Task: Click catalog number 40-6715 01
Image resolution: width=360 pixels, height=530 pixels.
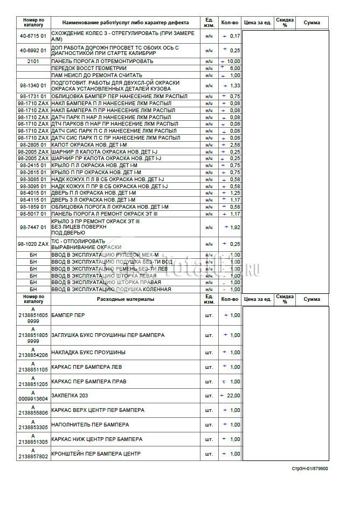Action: pos(33,36)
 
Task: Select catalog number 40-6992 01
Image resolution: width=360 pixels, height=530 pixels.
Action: pos(33,51)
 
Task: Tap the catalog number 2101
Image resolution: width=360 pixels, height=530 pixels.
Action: pos(33,61)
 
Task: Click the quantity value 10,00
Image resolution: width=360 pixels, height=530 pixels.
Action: pos(233,61)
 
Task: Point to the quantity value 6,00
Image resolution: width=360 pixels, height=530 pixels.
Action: pos(234,68)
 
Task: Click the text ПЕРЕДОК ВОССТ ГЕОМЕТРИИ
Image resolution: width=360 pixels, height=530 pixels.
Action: pos(89,68)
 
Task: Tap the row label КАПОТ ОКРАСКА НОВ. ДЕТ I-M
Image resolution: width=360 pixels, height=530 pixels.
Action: pos(89,145)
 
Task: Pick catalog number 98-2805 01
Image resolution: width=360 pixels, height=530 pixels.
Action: pos(33,145)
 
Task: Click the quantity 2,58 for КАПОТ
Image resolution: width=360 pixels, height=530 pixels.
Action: pos(234,145)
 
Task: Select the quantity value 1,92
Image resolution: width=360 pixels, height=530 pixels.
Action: pos(234,228)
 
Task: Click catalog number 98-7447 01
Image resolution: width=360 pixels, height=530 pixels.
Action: pos(33,228)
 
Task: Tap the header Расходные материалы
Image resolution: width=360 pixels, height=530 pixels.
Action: pos(126,299)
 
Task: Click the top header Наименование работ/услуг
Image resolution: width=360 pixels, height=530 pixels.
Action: pos(126,23)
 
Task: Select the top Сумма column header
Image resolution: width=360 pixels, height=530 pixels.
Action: pos(311,23)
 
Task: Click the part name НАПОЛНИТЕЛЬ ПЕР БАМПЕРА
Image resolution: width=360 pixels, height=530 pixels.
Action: pos(90,425)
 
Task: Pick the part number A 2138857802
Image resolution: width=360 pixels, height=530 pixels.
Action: pos(33,454)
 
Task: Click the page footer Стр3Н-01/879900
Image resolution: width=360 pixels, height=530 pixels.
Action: pos(310,469)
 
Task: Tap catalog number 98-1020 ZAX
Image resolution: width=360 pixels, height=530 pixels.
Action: pos(33,244)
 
